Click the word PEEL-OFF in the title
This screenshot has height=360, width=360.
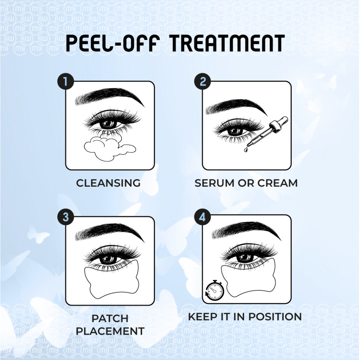(112, 43)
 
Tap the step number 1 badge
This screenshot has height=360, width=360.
(66, 82)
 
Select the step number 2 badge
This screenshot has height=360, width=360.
(202, 82)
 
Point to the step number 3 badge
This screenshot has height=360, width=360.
(66, 217)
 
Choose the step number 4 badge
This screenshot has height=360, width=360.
(202, 217)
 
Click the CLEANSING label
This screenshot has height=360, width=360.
(108, 183)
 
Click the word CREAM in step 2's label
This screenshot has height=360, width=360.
(277, 183)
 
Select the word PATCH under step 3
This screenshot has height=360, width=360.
(110, 319)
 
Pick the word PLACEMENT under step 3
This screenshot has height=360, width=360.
(110, 331)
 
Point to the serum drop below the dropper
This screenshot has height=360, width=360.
(246, 150)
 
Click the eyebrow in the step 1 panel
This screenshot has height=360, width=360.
(110, 96)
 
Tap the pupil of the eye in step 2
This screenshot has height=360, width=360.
(236, 131)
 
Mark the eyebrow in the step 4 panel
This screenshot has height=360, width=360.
(246, 231)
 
